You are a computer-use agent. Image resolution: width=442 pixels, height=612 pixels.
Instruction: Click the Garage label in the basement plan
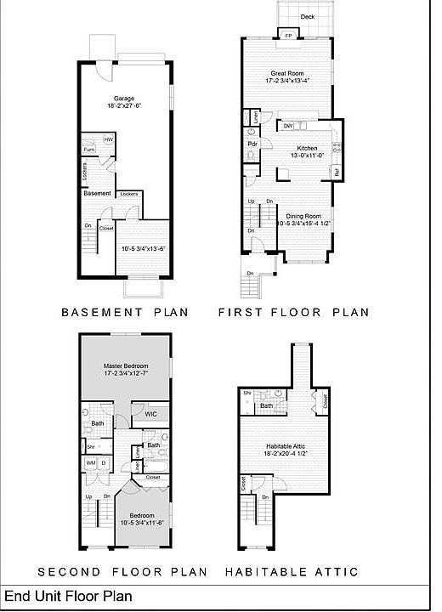pos(125,98)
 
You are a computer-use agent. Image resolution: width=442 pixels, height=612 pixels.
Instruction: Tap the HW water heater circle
pos(108,139)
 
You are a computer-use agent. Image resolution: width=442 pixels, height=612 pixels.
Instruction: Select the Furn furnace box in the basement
pos(89,150)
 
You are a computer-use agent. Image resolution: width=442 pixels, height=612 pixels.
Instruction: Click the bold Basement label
pos(98,193)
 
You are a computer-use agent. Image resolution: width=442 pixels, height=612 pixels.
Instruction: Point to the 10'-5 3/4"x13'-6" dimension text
pos(142,249)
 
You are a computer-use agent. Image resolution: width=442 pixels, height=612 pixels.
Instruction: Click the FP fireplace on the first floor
pos(288,36)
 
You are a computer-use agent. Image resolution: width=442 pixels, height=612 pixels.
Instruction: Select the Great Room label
pos(288,74)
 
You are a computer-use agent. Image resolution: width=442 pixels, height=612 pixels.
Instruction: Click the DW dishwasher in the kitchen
pos(289,127)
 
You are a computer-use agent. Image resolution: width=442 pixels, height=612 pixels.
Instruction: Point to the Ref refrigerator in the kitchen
pos(337,173)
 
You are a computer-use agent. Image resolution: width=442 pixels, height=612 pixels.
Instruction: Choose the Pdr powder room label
pos(252,144)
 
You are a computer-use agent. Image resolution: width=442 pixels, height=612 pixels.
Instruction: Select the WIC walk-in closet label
pos(150,414)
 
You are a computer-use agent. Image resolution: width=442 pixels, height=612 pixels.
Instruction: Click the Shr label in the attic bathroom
pos(246,394)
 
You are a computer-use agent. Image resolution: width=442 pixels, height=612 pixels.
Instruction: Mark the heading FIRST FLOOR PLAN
pos(293,312)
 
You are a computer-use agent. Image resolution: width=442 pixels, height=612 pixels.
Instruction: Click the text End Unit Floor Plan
pos(69,597)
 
